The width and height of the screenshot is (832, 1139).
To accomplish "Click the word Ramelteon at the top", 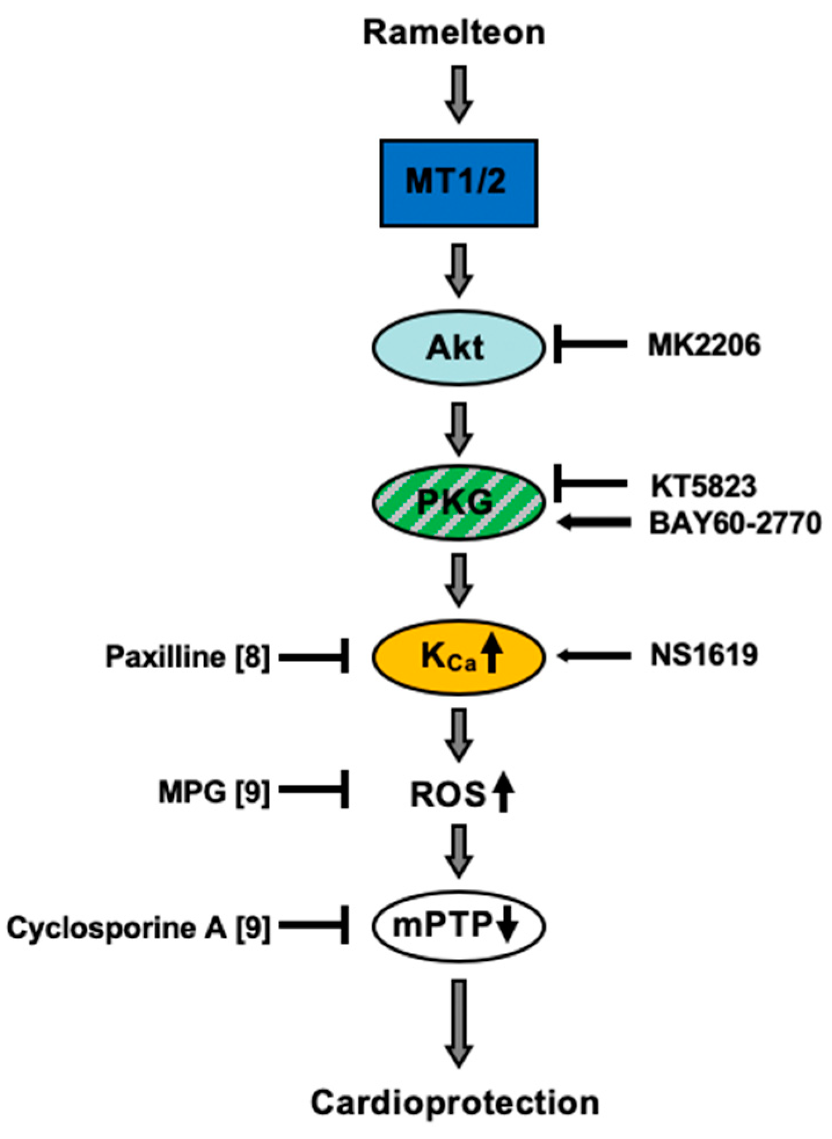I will click(454, 32).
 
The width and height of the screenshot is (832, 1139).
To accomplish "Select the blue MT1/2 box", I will click(458, 182).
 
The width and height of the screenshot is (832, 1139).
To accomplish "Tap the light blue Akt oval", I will click(458, 348).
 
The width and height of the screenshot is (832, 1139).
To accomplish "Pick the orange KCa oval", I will click(458, 656).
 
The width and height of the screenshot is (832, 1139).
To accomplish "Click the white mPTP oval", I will click(458, 925).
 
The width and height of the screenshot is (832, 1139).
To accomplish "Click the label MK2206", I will click(703, 346).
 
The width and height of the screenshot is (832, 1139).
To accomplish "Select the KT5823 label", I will click(703, 486).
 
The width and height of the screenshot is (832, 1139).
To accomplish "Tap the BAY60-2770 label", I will click(735, 523).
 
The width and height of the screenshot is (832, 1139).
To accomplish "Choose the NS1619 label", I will click(703, 655).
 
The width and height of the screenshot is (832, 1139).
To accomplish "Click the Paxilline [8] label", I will click(187, 657).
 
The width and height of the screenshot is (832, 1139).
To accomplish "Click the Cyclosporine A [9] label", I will click(138, 928).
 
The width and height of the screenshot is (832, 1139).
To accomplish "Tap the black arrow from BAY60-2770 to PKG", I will click(593, 523).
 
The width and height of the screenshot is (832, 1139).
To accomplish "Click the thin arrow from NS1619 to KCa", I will click(593, 656).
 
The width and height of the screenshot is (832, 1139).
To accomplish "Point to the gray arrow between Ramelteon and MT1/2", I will click(459, 93).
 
